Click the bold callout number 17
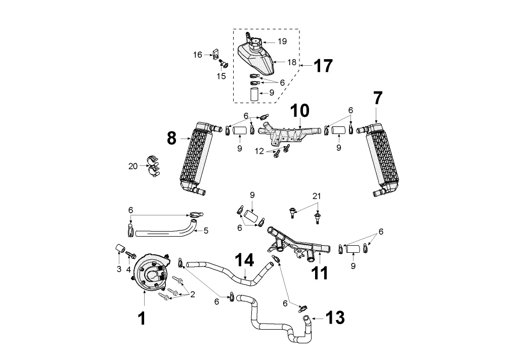coord(323,66)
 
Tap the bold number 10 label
coord(300,110)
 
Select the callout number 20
coord(133,166)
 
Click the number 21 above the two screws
coord(317,196)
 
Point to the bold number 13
coord(335,318)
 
